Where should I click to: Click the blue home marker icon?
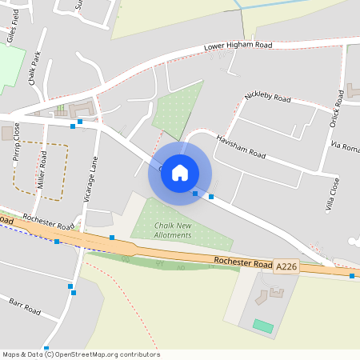pos(180,173)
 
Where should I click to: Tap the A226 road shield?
pos(286,266)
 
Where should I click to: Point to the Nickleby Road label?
pos(267,98)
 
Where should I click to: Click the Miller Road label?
pos(42,172)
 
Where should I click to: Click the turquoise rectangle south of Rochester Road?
pos(262,326)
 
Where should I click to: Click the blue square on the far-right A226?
pos(352,276)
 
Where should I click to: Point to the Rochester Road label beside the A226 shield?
pos(242,262)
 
